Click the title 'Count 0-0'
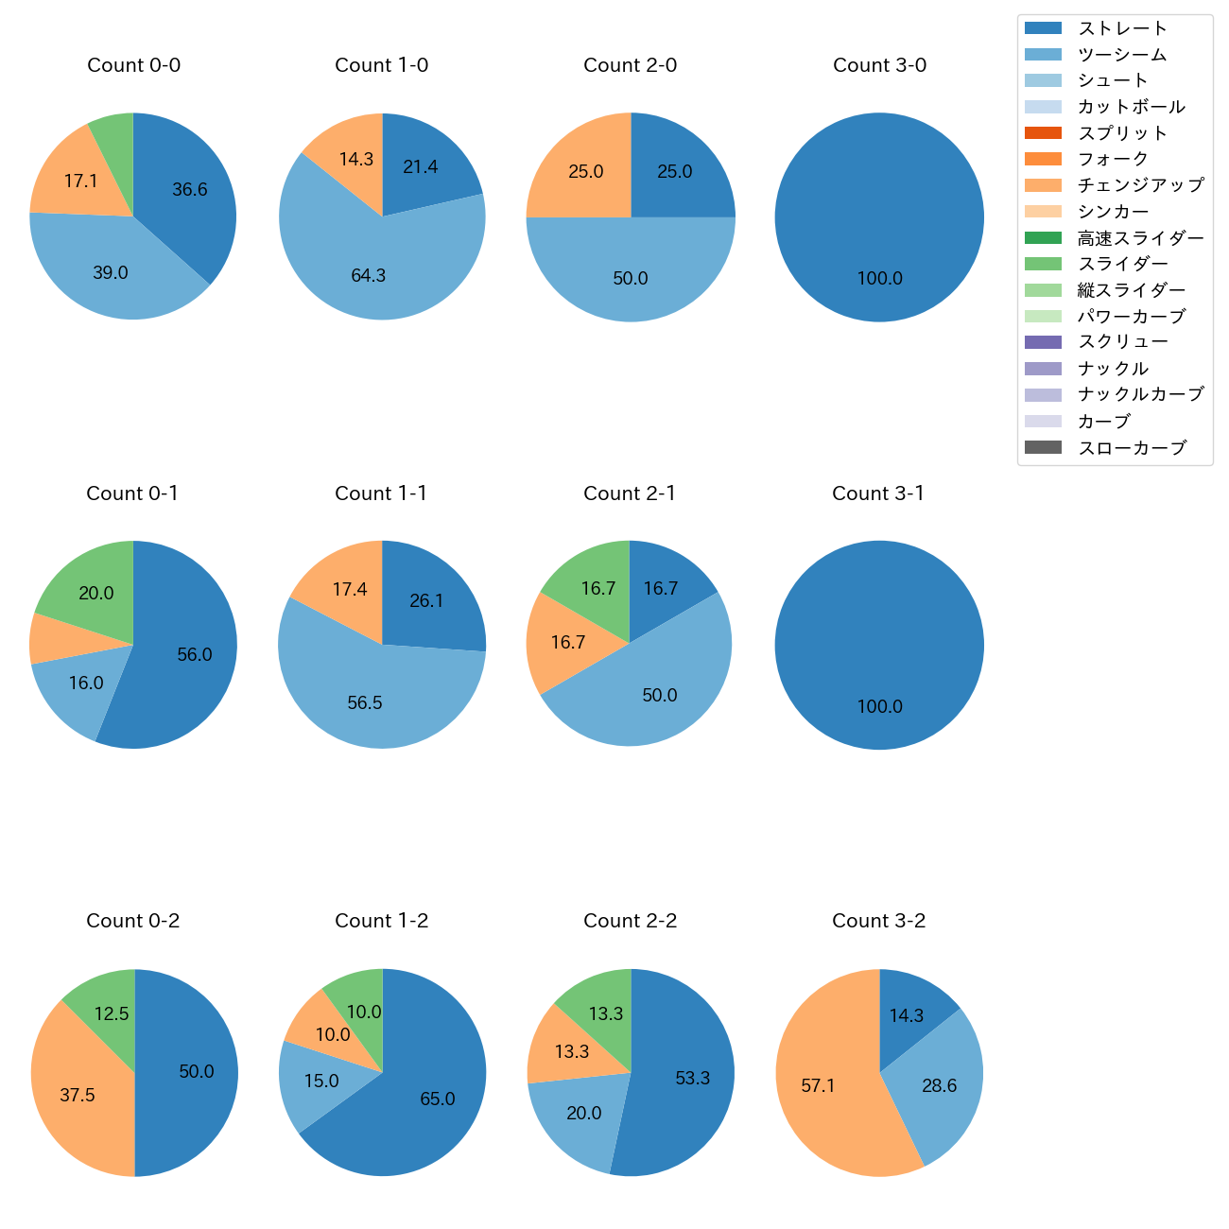pos(133,65)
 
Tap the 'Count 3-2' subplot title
pos(878,921)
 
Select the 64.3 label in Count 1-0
pos(368,276)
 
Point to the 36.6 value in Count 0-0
pos(189,190)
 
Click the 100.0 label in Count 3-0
pos(879,279)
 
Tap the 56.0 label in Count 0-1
pos(194,655)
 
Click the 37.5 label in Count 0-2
pos(77,1096)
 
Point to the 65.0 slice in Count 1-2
pos(437,1099)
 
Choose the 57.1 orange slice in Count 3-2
pos(819,1086)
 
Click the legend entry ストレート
pos(1122,28)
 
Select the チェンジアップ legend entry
pos(1140,185)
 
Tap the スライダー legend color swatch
pos(1043,264)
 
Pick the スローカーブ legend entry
pos(1131,448)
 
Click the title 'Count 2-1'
pos(630,493)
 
